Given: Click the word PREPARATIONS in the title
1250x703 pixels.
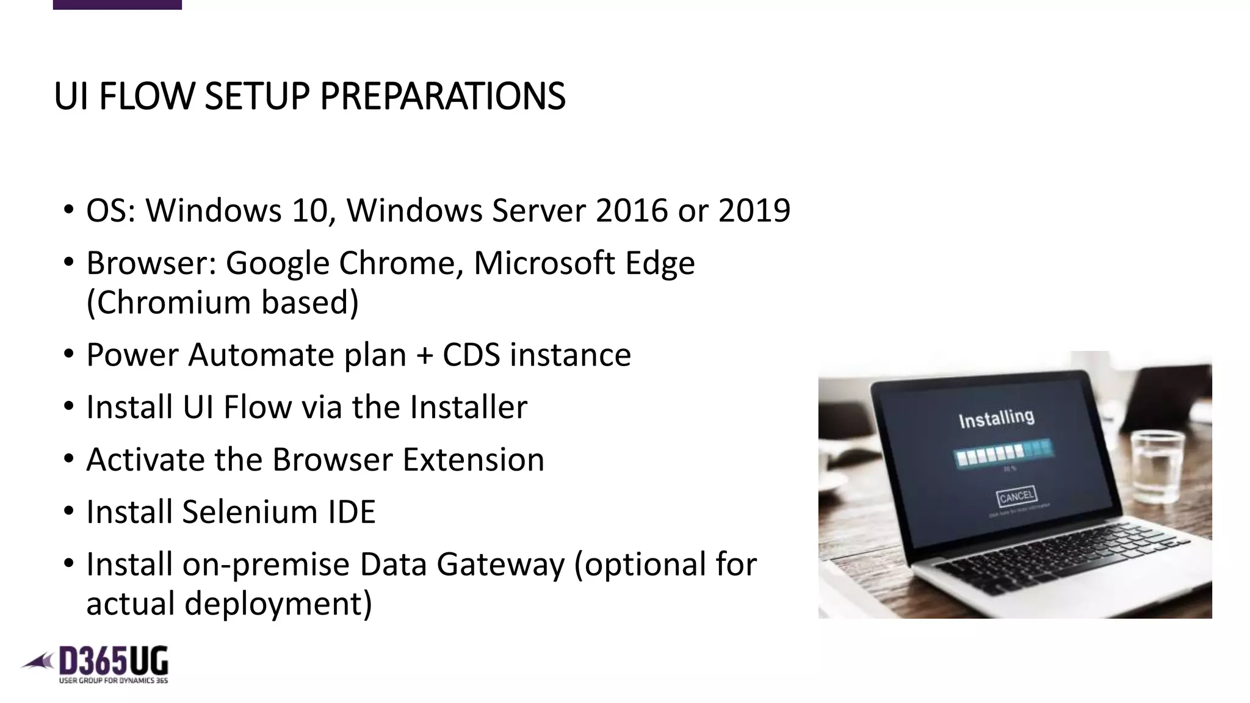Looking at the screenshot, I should pos(443,96).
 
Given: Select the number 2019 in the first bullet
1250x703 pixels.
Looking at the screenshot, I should pos(754,211).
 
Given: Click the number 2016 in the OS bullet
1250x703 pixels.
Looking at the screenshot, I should pos(632,211).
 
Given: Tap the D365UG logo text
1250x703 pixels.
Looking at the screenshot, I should pos(113,662).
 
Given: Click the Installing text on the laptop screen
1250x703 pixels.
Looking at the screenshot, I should pos(996,419).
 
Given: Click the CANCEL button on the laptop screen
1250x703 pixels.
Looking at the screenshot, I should pos(1016,496).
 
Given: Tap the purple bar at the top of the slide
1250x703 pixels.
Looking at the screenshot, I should pos(117,4).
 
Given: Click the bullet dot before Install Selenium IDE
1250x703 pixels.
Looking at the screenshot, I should pos(69,510).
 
